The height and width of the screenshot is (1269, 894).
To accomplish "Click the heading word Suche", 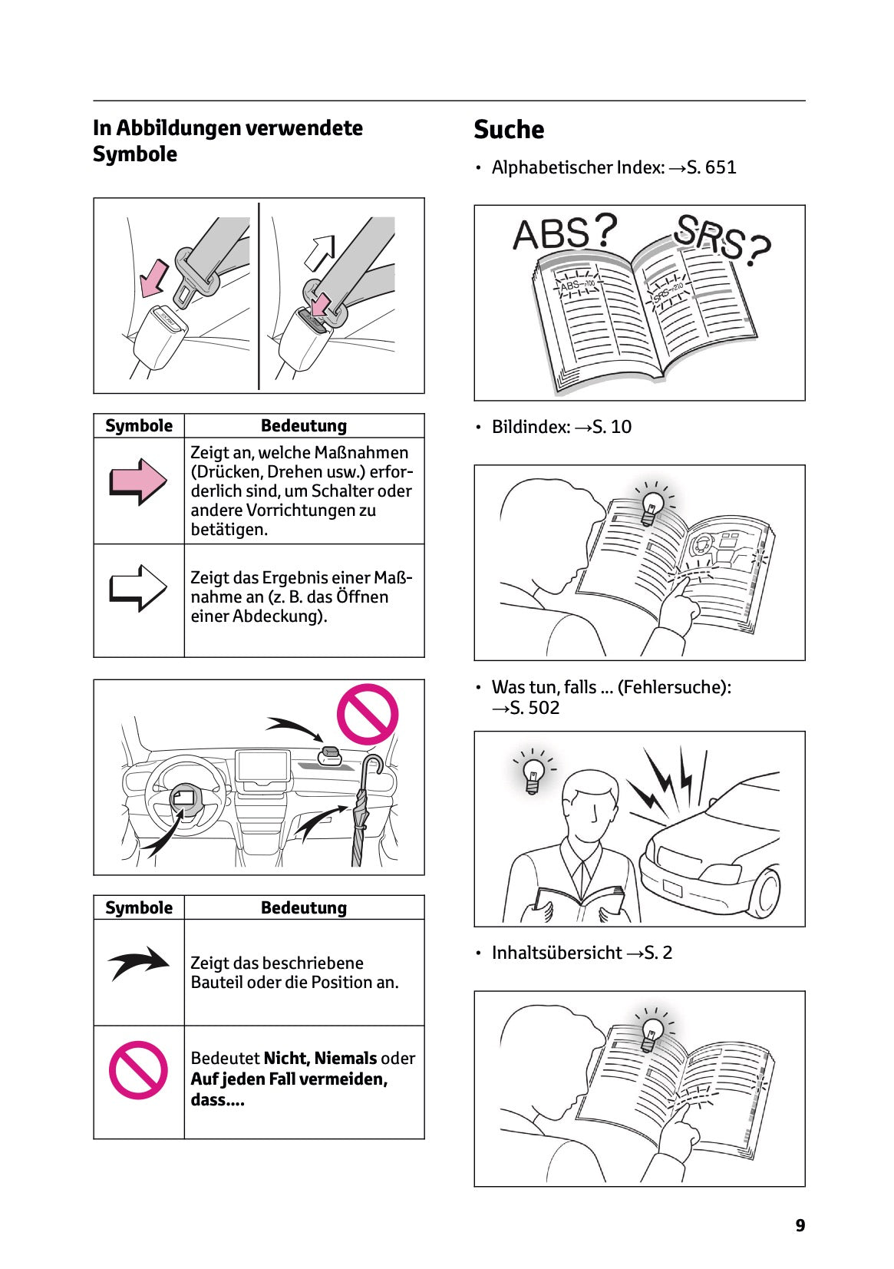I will click(x=508, y=130).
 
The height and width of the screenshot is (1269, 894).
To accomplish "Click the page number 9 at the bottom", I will click(x=800, y=1225).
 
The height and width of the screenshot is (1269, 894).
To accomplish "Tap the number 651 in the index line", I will click(x=720, y=167).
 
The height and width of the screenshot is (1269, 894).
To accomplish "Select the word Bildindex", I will click(x=530, y=427).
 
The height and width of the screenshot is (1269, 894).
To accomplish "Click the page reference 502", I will click(x=543, y=708).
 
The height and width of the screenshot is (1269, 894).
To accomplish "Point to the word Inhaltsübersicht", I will click(x=556, y=953).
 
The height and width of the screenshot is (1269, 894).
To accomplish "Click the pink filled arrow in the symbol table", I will click(x=138, y=481).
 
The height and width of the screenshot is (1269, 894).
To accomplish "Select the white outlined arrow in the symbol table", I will click(x=138, y=588).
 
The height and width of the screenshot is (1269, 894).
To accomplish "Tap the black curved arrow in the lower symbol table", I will click(x=138, y=963).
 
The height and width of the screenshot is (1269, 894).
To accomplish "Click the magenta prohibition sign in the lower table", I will click(x=138, y=1069).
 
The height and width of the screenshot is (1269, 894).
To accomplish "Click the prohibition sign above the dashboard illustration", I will click(x=368, y=714).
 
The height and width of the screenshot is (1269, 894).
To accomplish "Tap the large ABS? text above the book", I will click(x=564, y=233).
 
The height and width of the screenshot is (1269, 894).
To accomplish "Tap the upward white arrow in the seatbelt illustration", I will click(x=320, y=252).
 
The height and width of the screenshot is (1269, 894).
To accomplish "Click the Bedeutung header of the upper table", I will click(x=303, y=426).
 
